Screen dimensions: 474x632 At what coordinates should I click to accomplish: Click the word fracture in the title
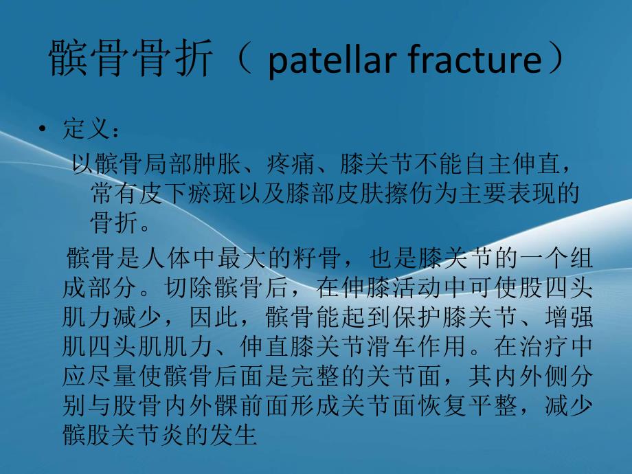point(472,60)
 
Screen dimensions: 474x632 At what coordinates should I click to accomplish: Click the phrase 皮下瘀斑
point(177,194)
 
